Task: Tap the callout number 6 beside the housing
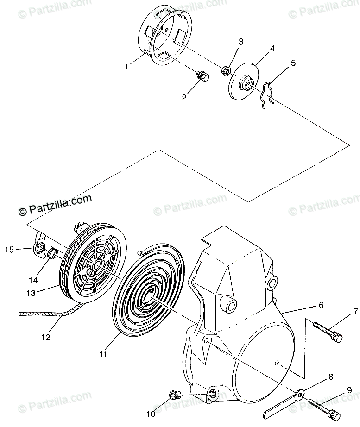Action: click(321, 306)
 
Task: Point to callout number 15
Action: click(9, 250)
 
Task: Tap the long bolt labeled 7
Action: click(327, 331)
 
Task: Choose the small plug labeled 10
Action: click(175, 396)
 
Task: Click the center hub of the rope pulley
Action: click(96, 265)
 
